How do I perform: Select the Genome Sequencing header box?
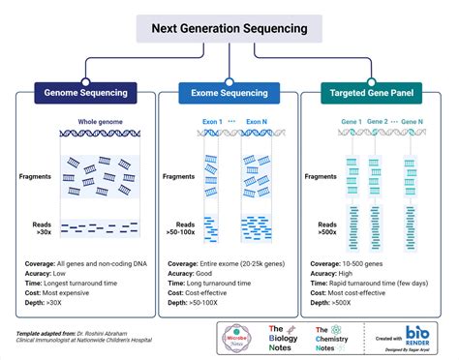tap(83, 93)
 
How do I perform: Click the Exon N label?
tap(256, 122)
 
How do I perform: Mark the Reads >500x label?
tap(328, 227)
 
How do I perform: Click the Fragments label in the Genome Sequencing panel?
tap(37, 177)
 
